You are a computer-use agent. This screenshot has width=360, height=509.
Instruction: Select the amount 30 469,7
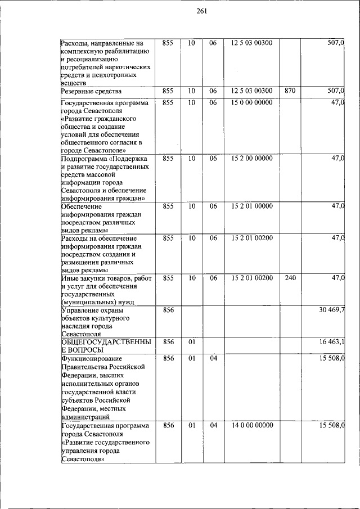click(x=332, y=310)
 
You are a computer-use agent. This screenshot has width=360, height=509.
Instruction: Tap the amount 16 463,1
click(x=332, y=341)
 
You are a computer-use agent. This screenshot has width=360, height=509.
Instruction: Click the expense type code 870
click(x=290, y=91)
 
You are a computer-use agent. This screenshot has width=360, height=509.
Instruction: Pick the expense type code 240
click(x=290, y=278)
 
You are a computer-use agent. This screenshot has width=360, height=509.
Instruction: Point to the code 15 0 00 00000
click(x=251, y=102)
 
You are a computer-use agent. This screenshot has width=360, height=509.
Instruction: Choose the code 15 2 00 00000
click(x=251, y=158)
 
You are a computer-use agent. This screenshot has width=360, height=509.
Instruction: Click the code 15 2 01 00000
click(x=251, y=206)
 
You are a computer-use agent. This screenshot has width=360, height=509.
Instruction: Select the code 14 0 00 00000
click(x=251, y=425)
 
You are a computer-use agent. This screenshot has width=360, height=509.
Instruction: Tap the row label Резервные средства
click(x=92, y=91)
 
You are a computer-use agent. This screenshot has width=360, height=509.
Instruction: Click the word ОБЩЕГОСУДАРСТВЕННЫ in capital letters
click(x=106, y=341)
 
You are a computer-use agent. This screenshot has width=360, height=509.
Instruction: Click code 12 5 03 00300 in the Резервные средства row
click(x=251, y=91)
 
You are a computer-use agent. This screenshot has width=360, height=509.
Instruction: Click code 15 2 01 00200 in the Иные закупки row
click(x=251, y=278)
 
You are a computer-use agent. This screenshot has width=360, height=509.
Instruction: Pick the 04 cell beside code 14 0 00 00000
click(x=213, y=425)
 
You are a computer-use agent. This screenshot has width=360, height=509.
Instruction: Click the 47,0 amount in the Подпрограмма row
click(x=337, y=158)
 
